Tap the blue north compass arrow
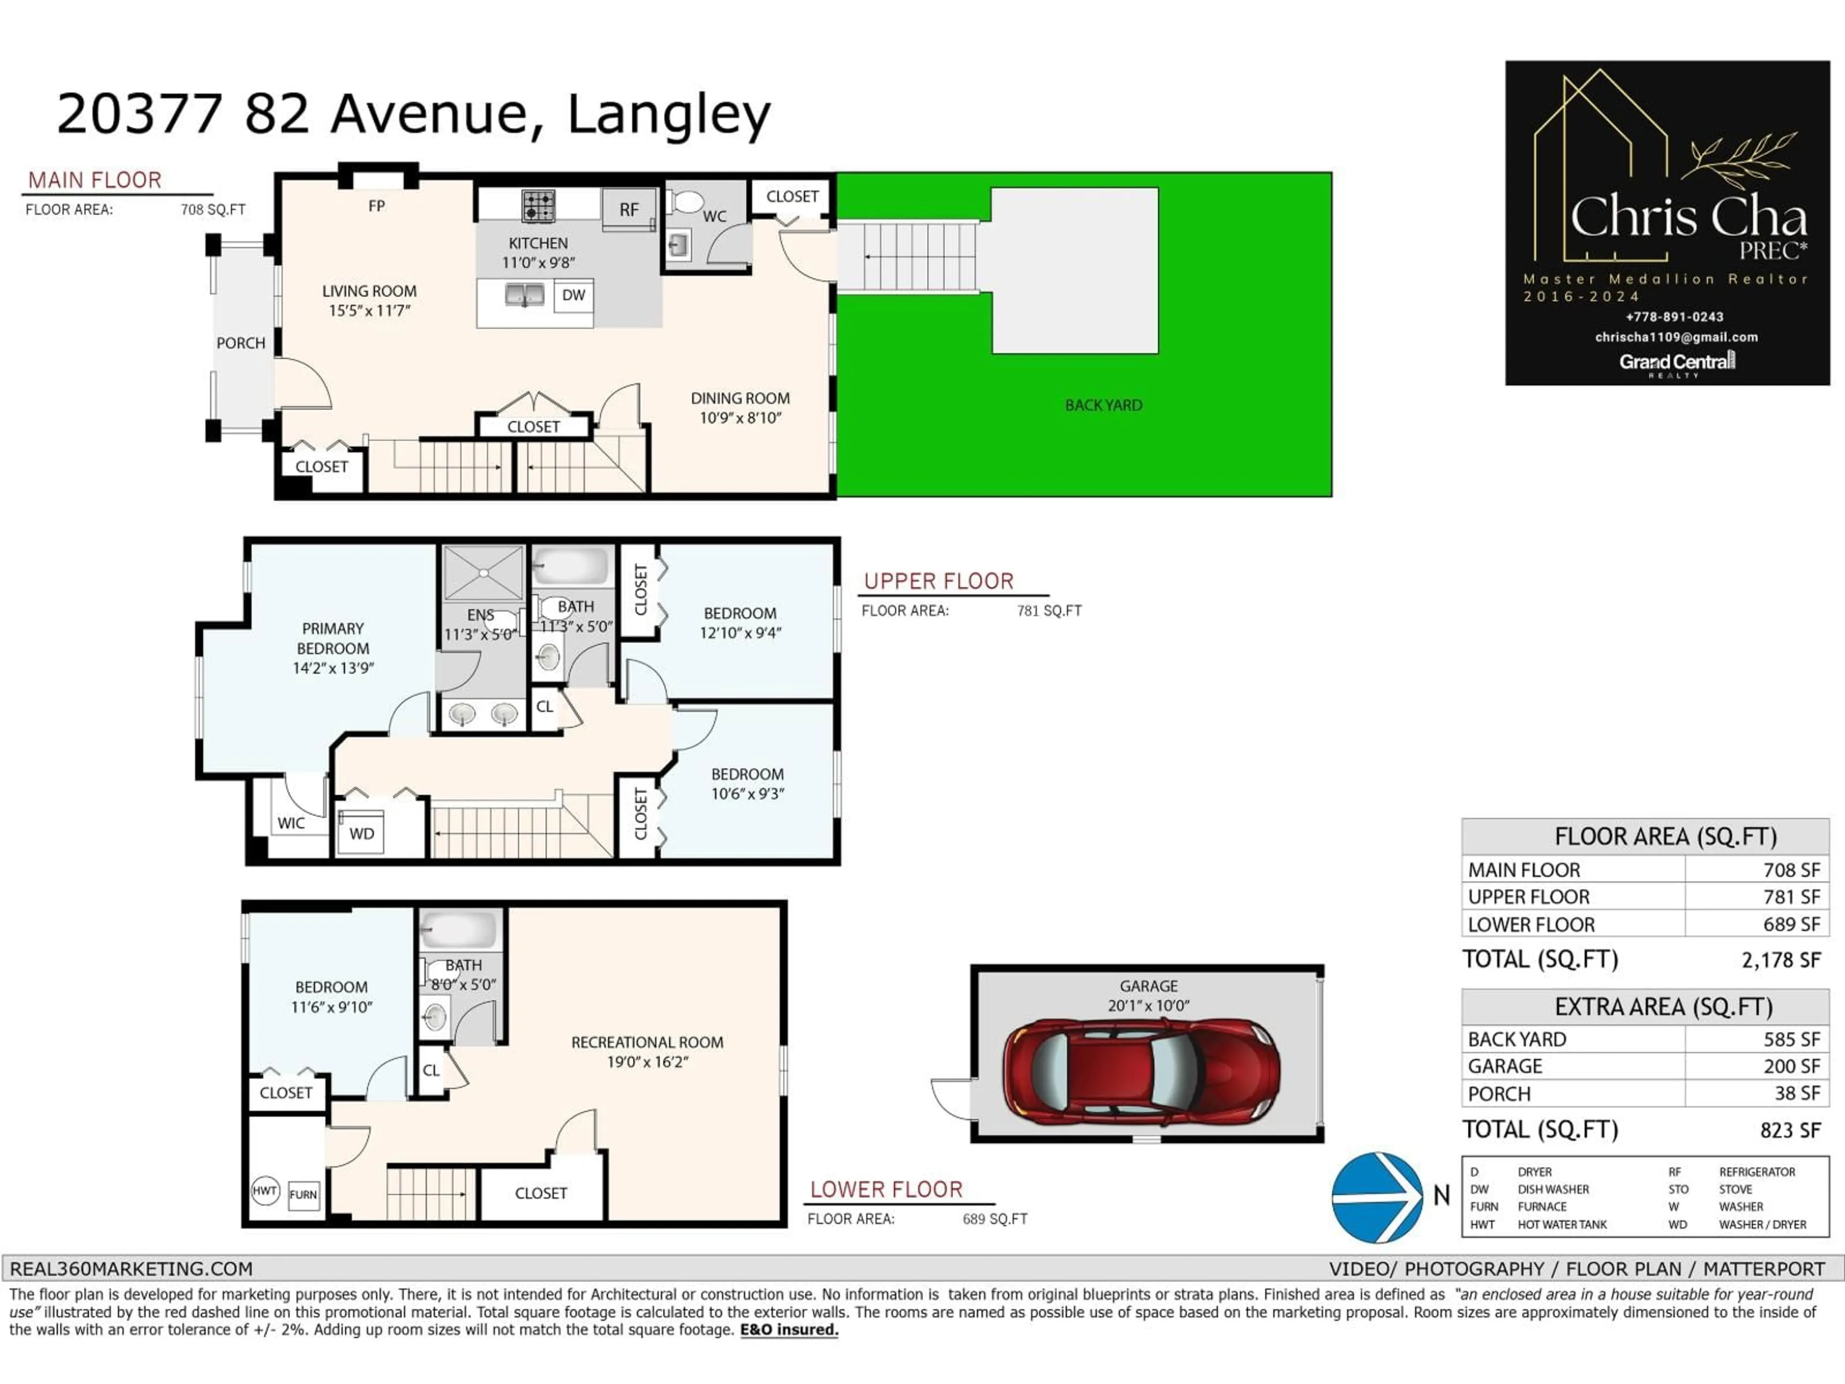(1377, 1197)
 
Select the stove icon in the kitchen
(538, 206)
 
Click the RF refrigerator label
(629, 210)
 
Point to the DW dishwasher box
(573, 296)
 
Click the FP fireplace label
(376, 206)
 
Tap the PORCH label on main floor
(240, 343)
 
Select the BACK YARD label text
(1103, 406)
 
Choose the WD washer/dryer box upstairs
(361, 833)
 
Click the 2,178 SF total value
(1780, 960)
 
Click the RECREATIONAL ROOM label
(647, 1043)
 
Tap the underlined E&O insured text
(789, 1330)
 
